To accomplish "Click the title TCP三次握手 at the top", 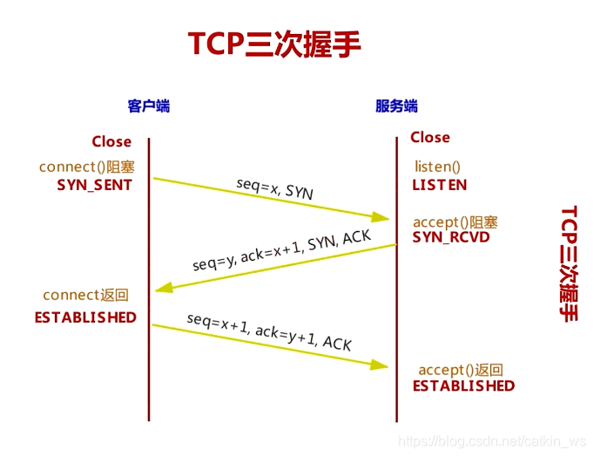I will [274, 44].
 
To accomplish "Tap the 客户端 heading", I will [148, 106].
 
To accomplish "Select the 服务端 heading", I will [396, 106].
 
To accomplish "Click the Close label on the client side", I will [111, 141].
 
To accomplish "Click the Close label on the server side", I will [430, 137].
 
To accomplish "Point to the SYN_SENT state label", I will [94, 185].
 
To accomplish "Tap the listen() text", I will [437, 167].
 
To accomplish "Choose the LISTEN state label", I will [440, 185].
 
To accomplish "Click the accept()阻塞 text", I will [456, 222].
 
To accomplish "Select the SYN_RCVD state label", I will [451, 237].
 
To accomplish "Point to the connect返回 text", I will [85, 295].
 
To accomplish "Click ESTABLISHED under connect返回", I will [85, 317].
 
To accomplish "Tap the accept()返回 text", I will [461, 370].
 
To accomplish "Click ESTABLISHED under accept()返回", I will [463, 385].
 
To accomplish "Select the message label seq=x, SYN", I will [275, 188].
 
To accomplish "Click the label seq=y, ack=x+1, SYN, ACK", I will [281, 250].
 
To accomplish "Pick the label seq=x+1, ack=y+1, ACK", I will [269, 331].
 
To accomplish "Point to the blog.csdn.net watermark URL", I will [492, 443].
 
